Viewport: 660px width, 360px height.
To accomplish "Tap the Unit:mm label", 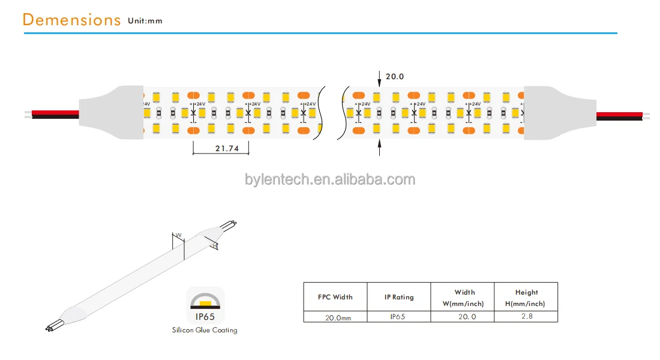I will click(145, 21).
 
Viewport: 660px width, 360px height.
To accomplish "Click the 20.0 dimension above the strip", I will click(394, 76).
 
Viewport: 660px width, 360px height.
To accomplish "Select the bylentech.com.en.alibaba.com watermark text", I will click(329, 179).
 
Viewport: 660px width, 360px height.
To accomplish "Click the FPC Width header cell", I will click(335, 297).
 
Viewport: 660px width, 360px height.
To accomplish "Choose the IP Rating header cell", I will click(399, 297).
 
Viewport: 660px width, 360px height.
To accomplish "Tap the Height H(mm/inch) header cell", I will click(526, 298).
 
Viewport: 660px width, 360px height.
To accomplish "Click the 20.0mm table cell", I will click(335, 317).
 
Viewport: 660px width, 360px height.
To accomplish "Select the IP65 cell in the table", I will click(399, 317).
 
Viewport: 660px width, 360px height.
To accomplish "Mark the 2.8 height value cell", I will click(526, 317).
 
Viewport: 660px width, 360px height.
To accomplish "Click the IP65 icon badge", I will click(205, 305).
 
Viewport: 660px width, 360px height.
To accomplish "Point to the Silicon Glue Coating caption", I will click(205, 330).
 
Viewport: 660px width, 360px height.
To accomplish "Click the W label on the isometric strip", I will click(178, 235).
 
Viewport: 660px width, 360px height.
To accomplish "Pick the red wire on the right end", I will click(619, 114).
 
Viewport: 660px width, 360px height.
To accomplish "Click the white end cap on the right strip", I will click(546, 114).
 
